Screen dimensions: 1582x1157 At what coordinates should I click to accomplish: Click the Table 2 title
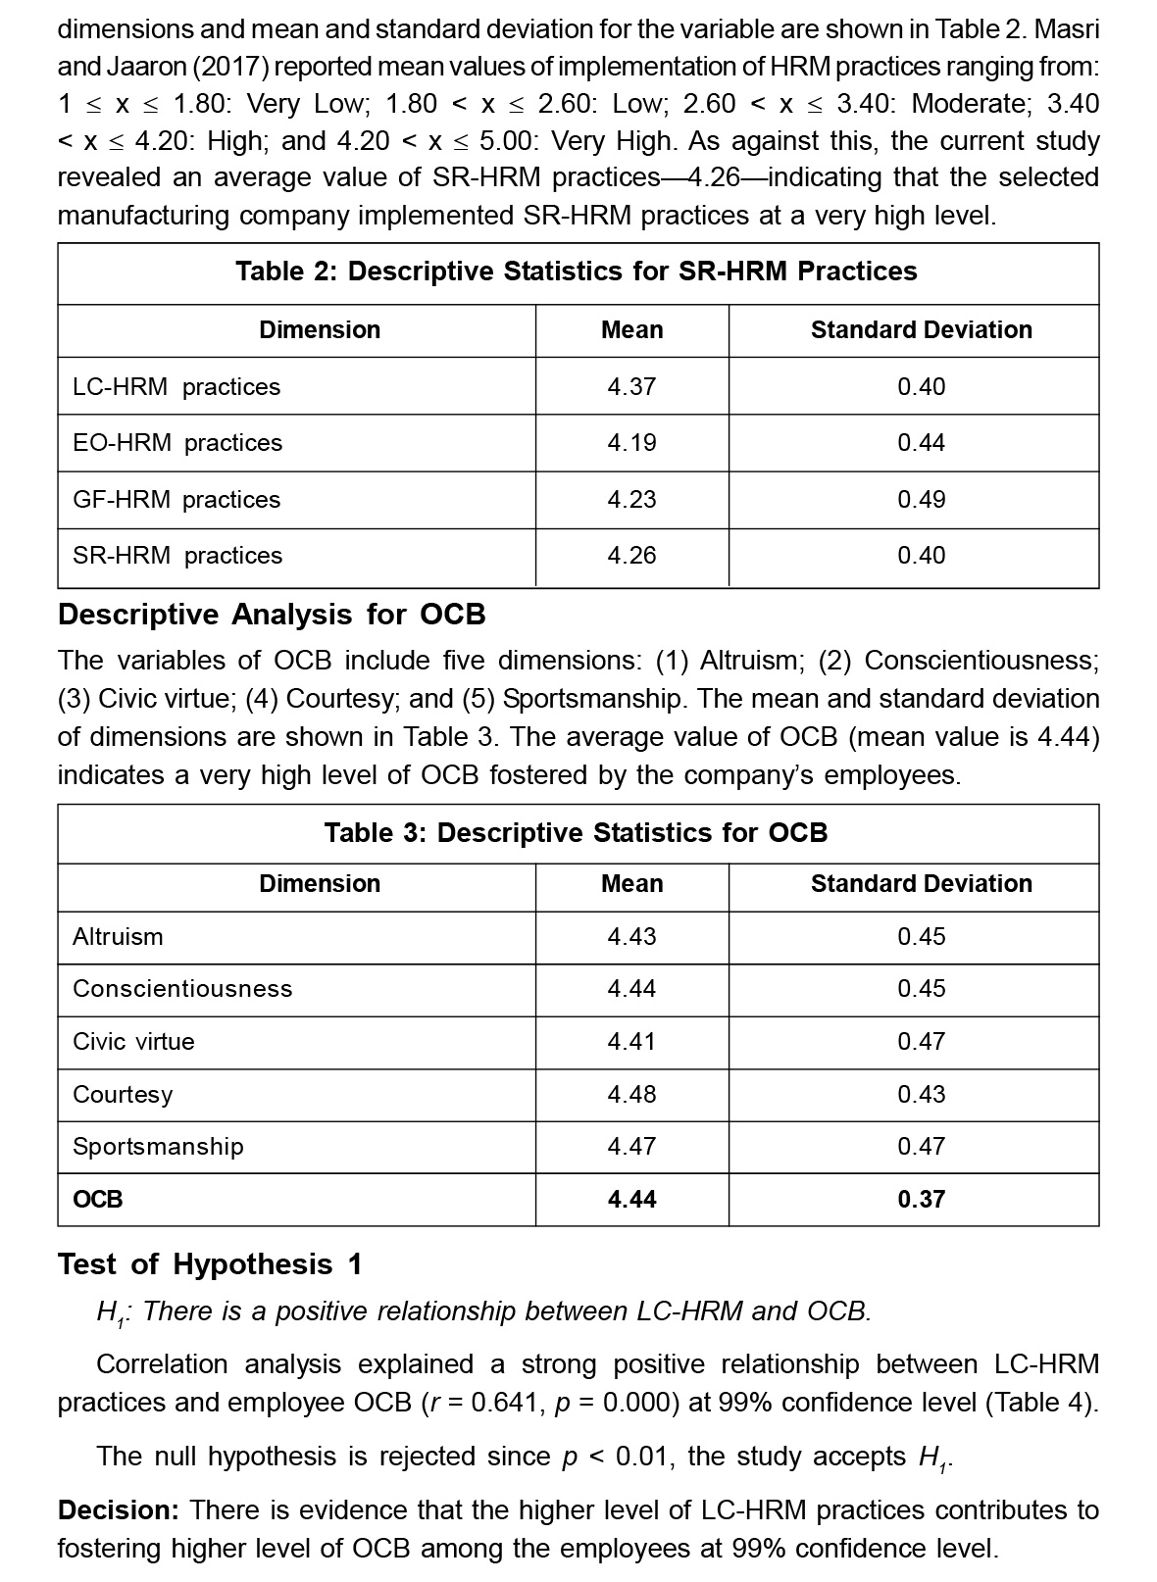(x=577, y=272)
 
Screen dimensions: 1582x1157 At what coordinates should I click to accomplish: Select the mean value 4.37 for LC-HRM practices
(x=631, y=387)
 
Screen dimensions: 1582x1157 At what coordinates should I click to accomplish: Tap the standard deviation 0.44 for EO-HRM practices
(x=921, y=443)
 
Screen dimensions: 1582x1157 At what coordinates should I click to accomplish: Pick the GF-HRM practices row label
(x=176, y=500)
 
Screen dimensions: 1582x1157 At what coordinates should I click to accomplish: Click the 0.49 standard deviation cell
(x=921, y=500)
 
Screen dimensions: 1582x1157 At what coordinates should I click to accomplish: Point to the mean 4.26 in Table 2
(x=631, y=556)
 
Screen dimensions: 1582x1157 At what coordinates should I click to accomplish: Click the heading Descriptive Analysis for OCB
(x=272, y=615)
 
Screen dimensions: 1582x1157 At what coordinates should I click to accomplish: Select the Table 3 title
(x=577, y=833)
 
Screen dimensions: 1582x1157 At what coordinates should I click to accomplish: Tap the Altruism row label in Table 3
(x=118, y=937)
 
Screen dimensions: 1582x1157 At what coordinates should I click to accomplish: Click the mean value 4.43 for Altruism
(x=631, y=937)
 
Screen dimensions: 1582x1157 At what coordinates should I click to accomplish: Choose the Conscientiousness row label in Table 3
(x=182, y=989)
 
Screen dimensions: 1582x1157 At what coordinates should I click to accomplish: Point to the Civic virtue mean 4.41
(x=631, y=1042)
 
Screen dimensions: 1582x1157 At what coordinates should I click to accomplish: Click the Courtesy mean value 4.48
(x=631, y=1095)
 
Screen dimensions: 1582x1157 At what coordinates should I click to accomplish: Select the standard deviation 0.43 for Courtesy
(x=921, y=1095)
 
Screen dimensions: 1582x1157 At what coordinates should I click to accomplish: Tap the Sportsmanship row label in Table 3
(x=158, y=1147)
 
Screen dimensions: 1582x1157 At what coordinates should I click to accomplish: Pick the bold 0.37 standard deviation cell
(x=921, y=1200)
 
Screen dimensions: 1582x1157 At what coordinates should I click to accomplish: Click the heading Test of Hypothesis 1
(x=210, y=1265)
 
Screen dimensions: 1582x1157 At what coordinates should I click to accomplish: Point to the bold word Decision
(x=118, y=1510)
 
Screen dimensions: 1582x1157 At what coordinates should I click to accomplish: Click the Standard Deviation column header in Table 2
(x=921, y=330)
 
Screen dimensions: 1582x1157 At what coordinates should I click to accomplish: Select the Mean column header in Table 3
(x=631, y=884)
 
